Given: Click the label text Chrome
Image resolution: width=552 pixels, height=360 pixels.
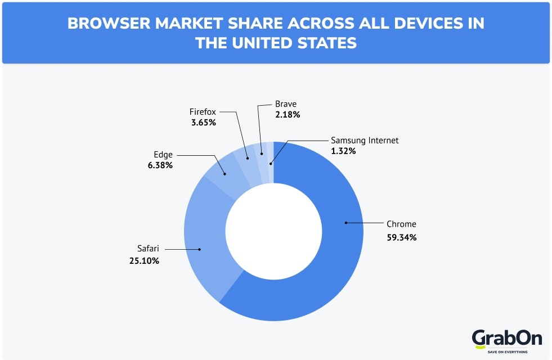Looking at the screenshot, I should [401, 224].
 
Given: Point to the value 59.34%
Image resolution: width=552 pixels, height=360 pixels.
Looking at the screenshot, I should [401, 237].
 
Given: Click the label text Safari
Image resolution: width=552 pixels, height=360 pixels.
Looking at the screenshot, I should [149, 247].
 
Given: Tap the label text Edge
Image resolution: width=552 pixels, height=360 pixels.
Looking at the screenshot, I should [163, 154].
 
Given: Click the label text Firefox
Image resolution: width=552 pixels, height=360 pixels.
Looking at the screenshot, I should [203, 112].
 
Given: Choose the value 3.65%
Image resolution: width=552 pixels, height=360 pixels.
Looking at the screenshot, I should [203, 122].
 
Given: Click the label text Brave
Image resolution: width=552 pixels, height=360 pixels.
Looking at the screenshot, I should [285, 104].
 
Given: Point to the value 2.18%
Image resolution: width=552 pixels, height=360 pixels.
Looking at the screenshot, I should [287, 115].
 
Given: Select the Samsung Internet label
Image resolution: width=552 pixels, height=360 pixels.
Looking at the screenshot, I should [365, 141].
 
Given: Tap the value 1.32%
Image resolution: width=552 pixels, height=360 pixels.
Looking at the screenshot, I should [344, 151].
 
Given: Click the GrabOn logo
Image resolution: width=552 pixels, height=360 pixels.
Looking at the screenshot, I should [506, 339].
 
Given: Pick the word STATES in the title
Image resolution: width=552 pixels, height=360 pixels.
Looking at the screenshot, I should [328, 43].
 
